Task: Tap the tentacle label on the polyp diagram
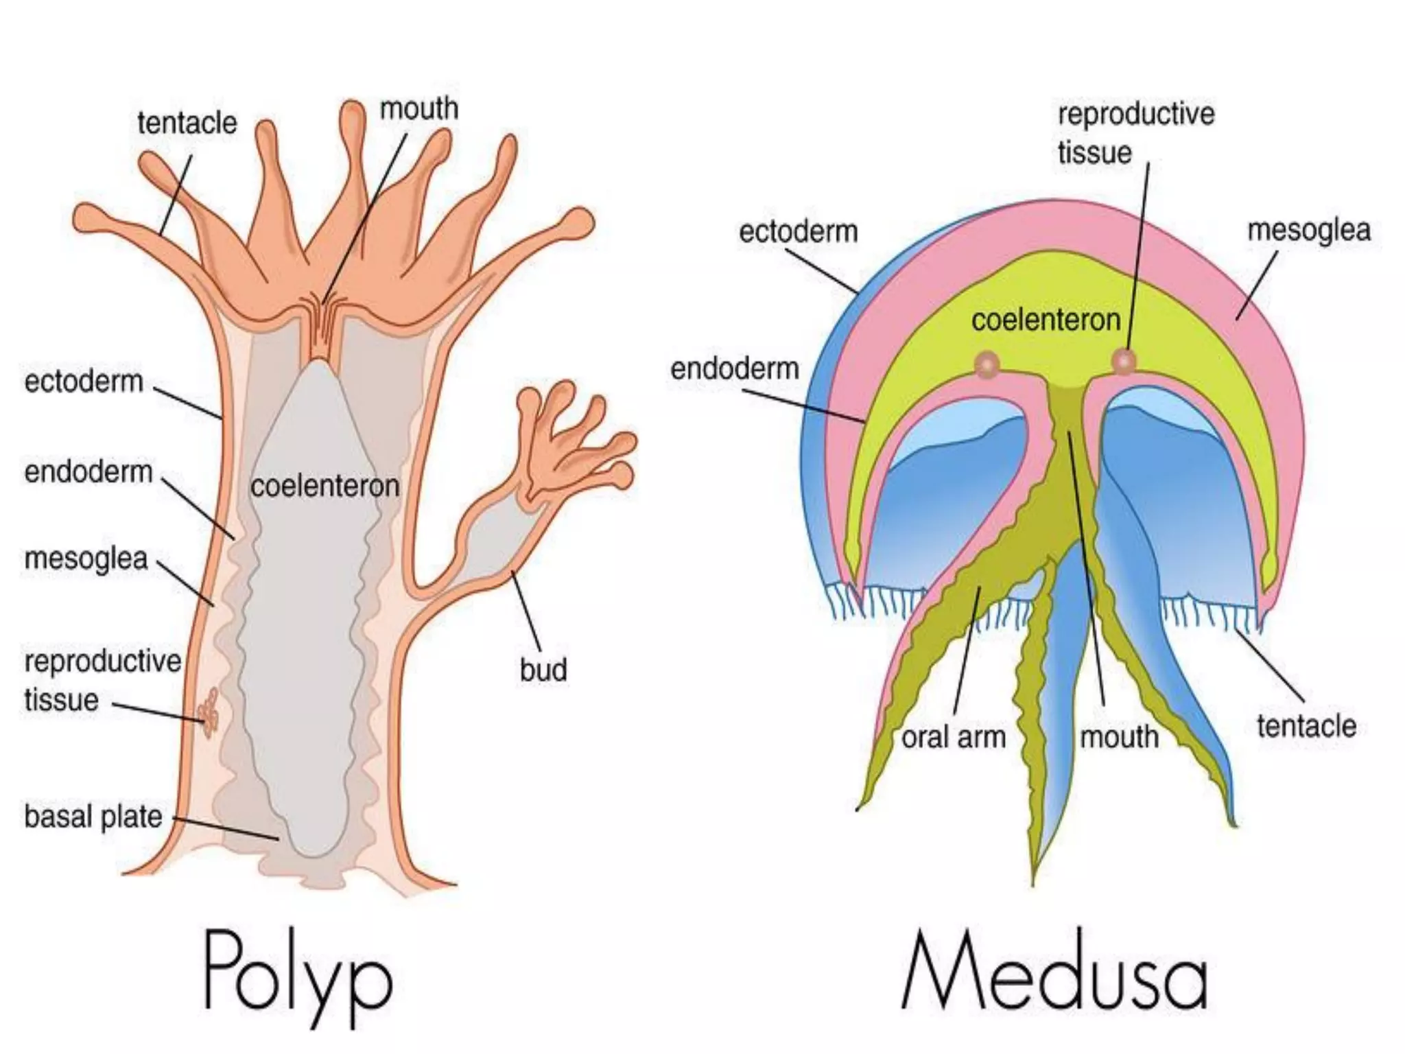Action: [187, 124]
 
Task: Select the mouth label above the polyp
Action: [419, 108]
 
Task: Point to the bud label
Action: [543, 670]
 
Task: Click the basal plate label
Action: [93, 817]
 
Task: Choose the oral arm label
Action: [954, 738]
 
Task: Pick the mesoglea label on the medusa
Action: [1308, 230]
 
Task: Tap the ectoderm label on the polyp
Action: [84, 381]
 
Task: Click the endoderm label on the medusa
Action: [735, 369]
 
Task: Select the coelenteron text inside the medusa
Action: [1046, 320]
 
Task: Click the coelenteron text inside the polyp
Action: [324, 486]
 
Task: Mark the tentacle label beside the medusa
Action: [1306, 725]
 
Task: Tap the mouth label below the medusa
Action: [1119, 738]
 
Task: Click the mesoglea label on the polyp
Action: [86, 558]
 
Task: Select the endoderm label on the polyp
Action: [88, 472]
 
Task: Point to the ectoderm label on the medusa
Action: [798, 232]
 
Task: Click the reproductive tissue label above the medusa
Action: [1135, 133]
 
